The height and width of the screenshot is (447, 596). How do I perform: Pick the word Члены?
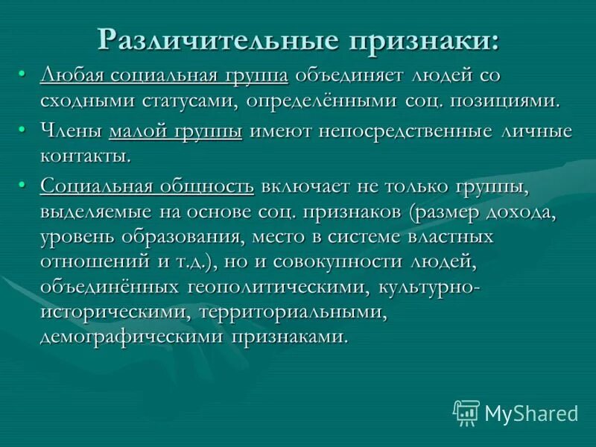tap(71, 132)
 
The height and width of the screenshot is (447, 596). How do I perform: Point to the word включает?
tap(302, 187)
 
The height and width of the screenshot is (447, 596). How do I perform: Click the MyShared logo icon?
tap(466, 413)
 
